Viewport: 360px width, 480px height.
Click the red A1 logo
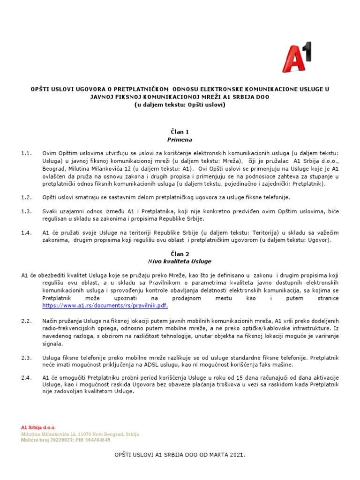297,57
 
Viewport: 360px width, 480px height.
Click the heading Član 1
180,132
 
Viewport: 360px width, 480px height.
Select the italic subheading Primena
180,140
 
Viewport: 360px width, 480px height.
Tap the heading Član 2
180,253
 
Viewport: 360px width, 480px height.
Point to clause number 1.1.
26,153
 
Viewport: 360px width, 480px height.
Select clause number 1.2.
26,197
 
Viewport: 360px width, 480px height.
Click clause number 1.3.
26,211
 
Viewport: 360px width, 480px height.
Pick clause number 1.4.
26,233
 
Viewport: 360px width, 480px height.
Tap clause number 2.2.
26,321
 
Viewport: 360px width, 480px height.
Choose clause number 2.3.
26,357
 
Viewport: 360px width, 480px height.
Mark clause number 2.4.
26,378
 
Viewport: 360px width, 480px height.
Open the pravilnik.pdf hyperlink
105,305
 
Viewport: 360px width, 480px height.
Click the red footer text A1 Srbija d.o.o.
38,427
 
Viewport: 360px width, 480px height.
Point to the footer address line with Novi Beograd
80,434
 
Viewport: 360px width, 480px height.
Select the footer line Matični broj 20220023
66,440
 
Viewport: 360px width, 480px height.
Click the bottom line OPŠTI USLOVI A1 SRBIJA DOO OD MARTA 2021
180,455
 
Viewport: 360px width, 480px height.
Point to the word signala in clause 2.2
52,343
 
